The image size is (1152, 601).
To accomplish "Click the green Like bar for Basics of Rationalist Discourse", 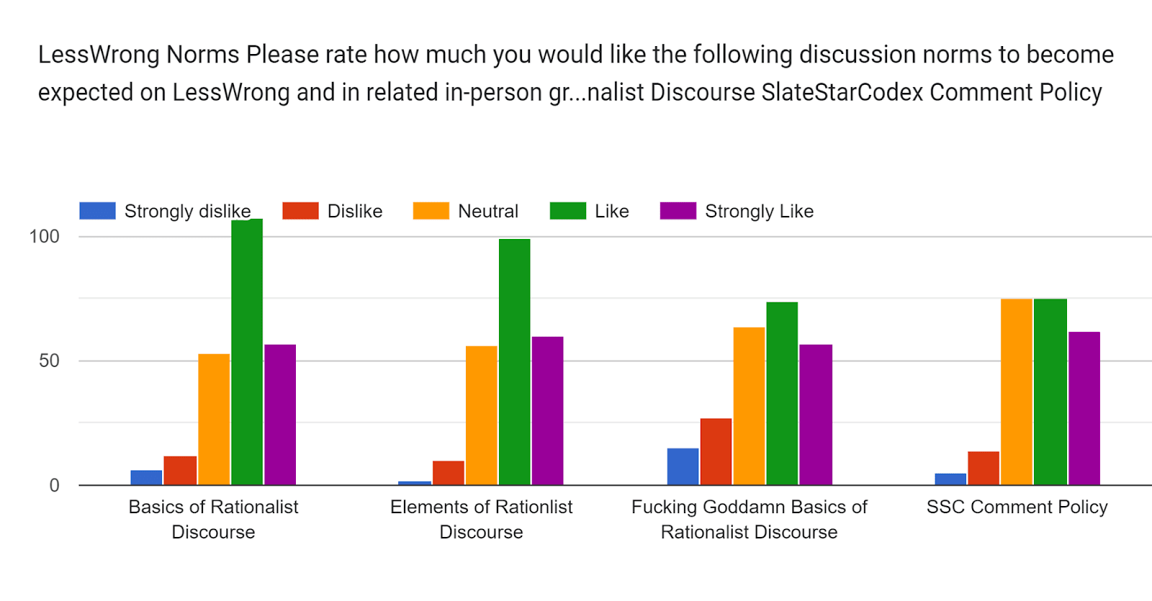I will (247, 352).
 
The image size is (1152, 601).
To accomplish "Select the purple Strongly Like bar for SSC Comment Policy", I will (1084, 408).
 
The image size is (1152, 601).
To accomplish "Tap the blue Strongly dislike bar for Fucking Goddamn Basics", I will (683, 466).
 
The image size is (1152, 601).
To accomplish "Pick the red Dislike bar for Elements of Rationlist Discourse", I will (448, 473).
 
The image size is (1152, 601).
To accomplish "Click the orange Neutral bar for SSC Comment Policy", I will (1016, 392).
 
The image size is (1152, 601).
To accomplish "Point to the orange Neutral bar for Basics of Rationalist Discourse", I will (214, 419).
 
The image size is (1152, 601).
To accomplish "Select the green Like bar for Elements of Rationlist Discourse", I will (514, 361).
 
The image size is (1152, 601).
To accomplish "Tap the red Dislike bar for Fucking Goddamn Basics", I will (716, 451).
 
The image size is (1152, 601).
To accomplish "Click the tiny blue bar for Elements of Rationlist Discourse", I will (415, 483).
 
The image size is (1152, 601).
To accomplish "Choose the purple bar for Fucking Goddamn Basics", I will (815, 415).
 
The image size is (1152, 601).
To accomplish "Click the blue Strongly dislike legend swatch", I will (97, 211).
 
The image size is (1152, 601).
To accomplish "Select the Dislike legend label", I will (354, 211).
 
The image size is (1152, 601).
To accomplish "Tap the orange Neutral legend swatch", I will (431, 211).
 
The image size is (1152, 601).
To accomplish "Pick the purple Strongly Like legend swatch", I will (678, 211).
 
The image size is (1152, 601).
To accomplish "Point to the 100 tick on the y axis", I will (44, 236).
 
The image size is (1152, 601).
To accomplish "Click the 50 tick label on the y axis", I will (49, 361).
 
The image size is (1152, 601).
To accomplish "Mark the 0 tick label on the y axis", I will (54, 485).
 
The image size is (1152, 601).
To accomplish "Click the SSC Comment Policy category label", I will (1017, 507).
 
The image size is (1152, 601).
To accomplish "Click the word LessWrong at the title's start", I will (99, 55).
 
